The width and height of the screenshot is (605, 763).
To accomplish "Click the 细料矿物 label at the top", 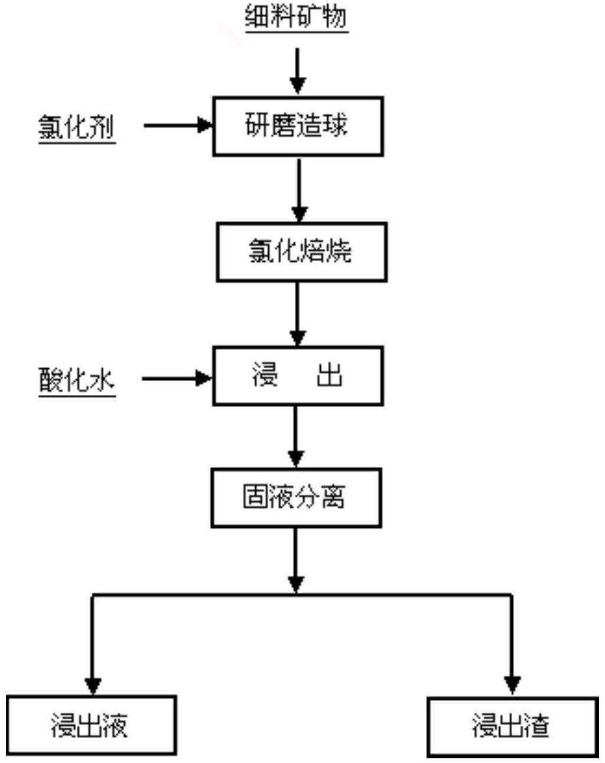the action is (x=297, y=17).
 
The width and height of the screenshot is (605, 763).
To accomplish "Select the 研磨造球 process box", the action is (x=298, y=126).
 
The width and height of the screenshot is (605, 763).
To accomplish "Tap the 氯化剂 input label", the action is (x=77, y=127).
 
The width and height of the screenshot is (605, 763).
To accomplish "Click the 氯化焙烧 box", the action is (x=302, y=252).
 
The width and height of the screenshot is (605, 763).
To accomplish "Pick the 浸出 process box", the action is (x=298, y=376).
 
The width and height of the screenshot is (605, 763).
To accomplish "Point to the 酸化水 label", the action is (x=77, y=381).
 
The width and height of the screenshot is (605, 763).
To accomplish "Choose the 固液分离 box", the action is (x=297, y=498).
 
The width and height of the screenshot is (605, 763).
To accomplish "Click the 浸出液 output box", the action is (x=92, y=725).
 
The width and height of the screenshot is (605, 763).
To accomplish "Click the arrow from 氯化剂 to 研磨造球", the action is (x=178, y=125).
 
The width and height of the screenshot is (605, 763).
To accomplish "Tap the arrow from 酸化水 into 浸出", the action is (x=177, y=379).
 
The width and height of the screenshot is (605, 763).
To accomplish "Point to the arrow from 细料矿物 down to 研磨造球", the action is (x=298, y=71).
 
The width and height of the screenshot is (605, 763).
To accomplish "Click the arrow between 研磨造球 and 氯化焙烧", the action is (x=300, y=190).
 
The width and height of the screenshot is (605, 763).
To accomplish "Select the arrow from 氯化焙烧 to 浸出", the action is (x=297, y=314).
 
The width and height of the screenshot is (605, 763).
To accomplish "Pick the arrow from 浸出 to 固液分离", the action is (x=296, y=437).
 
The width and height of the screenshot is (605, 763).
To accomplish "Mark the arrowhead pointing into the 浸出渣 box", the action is (x=512, y=686).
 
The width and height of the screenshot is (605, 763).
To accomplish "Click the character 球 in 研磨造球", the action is (x=334, y=125).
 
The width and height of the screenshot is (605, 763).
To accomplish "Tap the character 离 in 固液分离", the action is (x=333, y=497).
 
